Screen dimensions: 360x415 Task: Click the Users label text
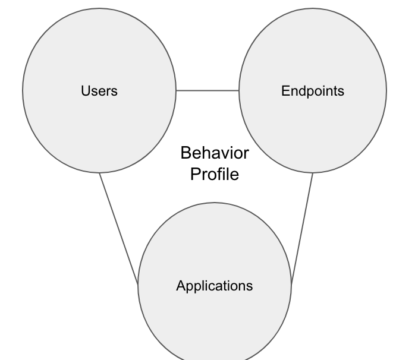tap(99, 91)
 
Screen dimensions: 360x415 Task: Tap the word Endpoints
tap(313, 91)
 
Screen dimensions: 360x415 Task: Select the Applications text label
tap(215, 286)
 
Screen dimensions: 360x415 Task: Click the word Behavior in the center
tap(215, 153)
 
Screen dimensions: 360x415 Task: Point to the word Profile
tap(215, 174)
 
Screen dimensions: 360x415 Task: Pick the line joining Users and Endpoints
tap(207, 91)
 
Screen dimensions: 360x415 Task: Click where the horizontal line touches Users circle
tap(177, 91)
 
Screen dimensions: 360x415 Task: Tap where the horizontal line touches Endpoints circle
tap(239, 91)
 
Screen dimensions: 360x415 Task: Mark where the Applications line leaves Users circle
tap(100, 173)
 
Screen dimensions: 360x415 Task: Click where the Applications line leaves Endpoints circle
tap(313, 173)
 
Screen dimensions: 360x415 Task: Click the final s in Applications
tap(250, 286)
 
